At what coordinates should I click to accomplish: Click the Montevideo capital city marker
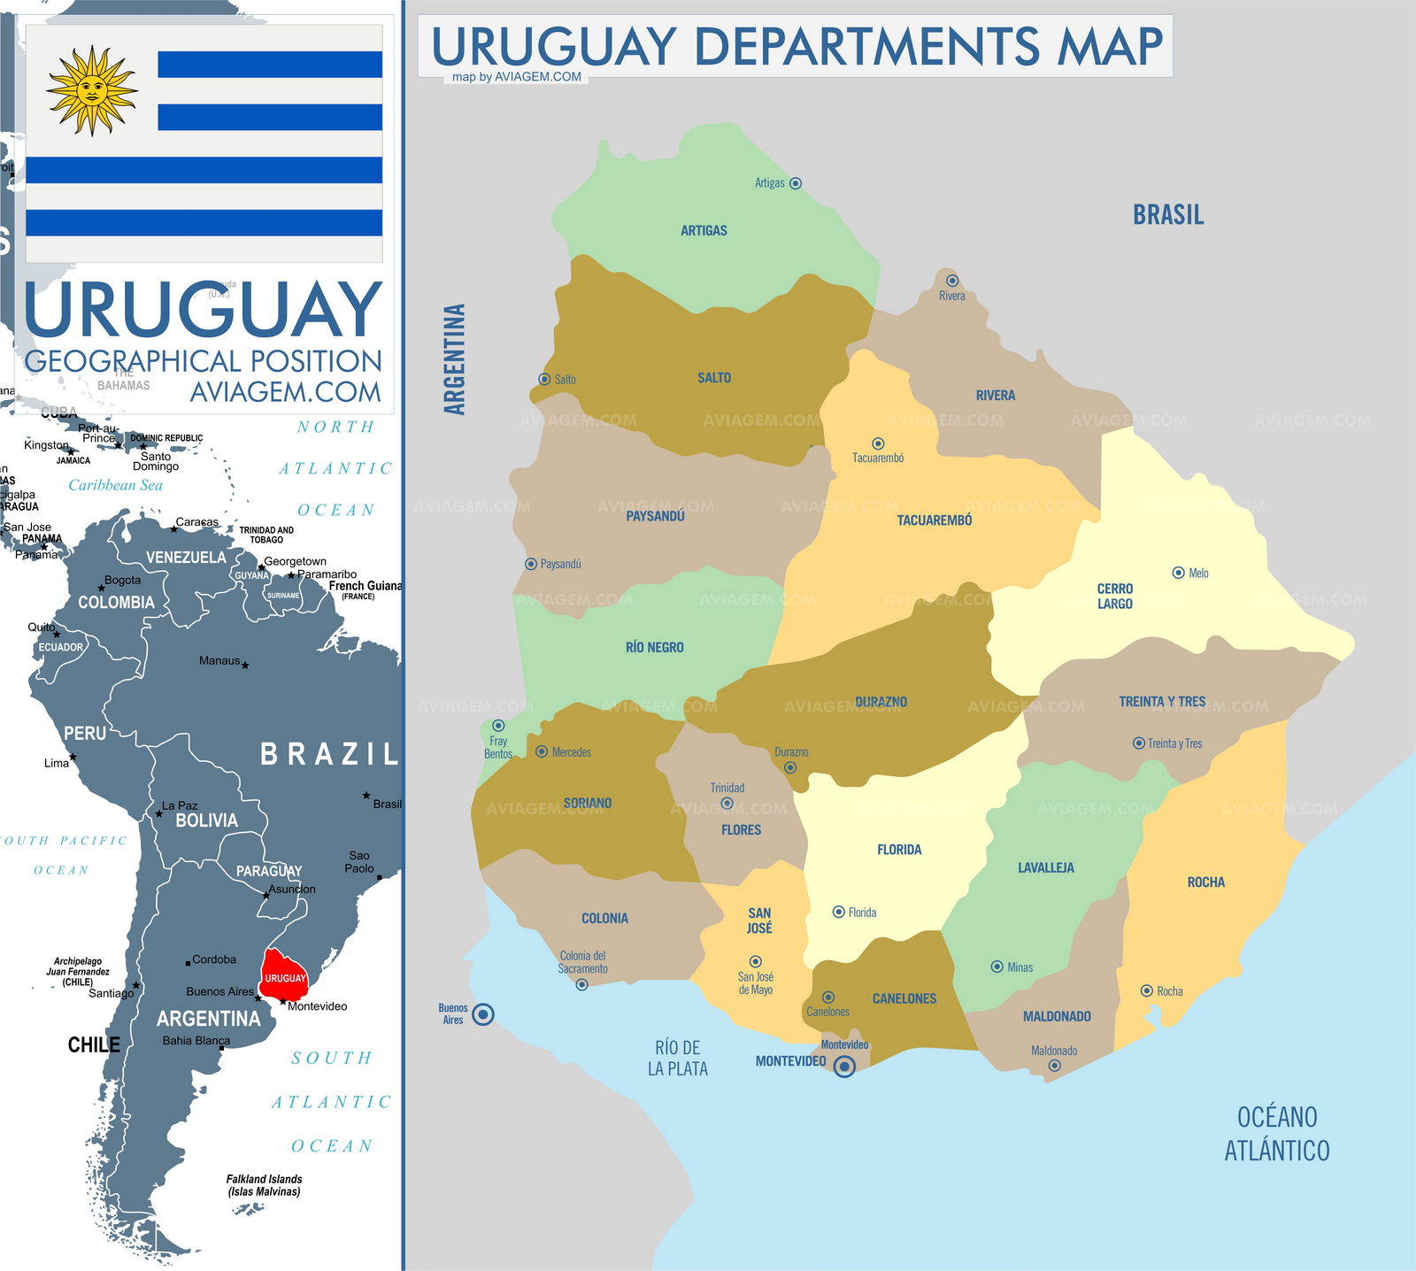(x=844, y=1067)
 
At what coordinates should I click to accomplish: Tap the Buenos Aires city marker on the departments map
(x=483, y=1014)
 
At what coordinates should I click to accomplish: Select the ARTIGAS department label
(x=704, y=231)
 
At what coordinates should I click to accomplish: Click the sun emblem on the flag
(x=91, y=90)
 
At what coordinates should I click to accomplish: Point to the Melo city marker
(x=1178, y=573)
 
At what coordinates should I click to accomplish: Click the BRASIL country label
(x=1168, y=215)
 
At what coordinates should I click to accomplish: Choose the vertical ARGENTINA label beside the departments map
(x=454, y=359)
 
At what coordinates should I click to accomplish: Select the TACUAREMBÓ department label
(x=935, y=520)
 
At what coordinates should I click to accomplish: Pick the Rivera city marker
(x=952, y=281)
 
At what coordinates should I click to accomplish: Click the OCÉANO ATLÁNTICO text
(x=1276, y=1133)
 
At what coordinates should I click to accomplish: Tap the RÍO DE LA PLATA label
(x=678, y=1058)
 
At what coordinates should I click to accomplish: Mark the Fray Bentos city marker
(x=498, y=726)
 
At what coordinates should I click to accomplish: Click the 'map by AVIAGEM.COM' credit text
(x=517, y=77)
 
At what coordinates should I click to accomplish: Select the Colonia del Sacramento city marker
(x=581, y=984)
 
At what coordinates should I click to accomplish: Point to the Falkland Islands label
(x=264, y=1185)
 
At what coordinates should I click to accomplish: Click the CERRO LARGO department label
(x=1114, y=596)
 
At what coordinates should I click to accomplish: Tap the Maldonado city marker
(x=1054, y=1066)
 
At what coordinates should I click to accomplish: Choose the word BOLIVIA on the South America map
(x=206, y=820)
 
